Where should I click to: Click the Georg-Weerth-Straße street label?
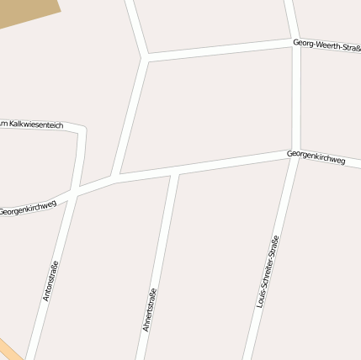[326, 45]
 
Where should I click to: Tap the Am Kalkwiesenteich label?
[32, 124]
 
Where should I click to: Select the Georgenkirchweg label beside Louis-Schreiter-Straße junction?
[316, 157]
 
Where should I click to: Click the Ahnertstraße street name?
[151, 310]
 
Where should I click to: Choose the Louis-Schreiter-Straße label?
[268, 271]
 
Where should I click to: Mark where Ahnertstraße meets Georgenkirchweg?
[174, 173]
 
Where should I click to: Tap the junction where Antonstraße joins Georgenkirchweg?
[74, 193]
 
